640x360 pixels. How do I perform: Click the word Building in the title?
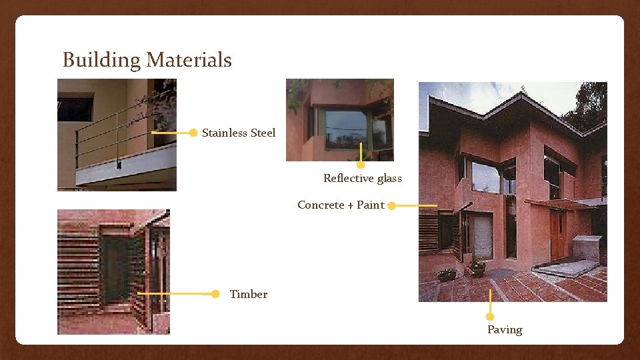coord(102,61)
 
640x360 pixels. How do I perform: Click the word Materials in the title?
coord(189,61)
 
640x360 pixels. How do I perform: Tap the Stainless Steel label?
coord(238,133)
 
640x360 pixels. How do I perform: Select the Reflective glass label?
coord(363,178)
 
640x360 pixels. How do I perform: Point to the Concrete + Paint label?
coord(341,205)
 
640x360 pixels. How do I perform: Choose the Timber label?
coord(248,294)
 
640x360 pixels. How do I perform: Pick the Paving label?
coord(505,329)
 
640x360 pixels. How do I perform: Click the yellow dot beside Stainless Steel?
coord(193,133)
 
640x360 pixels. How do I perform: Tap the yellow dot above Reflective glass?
coord(361,165)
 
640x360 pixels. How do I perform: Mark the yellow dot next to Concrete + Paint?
coord(392,205)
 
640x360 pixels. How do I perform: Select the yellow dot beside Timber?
coord(215,294)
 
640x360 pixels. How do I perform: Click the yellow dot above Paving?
coord(490,317)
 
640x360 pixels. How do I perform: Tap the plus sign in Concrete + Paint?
coord(350,205)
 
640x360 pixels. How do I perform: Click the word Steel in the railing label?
coord(263,133)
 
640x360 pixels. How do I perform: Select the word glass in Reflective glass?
coord(389,178)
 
